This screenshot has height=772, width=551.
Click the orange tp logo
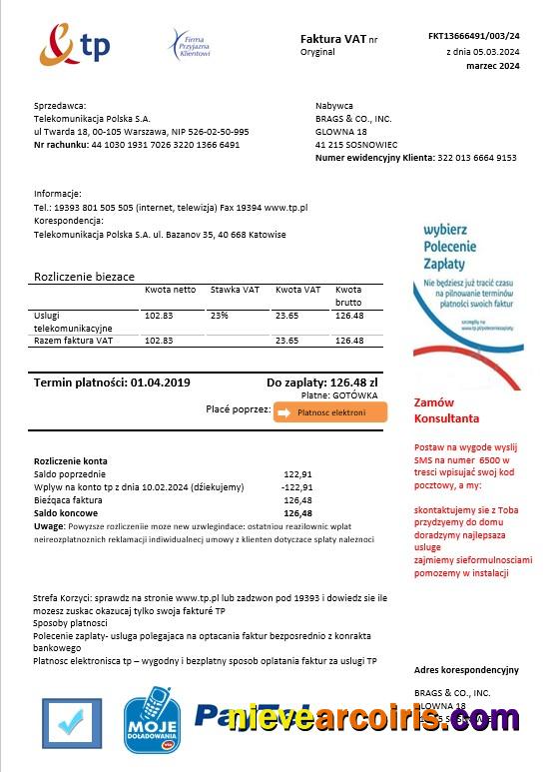[x=74, y=44]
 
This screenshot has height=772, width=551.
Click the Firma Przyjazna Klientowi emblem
[x=189, y=45]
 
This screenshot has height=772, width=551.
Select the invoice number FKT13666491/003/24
[x=473, y=36]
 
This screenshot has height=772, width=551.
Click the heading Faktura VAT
[x=332, y=38]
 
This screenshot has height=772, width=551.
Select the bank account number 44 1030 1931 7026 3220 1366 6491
[x=166, y=145]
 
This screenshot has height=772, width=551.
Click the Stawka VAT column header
[x=235, y=290]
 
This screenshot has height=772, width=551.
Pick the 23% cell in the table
[x=220, y=316]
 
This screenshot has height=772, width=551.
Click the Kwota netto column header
[x=170, y=290]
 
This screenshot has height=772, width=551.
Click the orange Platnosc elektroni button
[x=330, y=412]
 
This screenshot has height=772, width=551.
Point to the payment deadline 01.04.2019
[x=160, y=383]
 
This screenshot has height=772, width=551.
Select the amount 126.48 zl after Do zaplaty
[x=353, y=383]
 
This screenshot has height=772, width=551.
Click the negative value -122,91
[x=297, y=486]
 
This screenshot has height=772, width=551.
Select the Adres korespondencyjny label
[x=466, y=669]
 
